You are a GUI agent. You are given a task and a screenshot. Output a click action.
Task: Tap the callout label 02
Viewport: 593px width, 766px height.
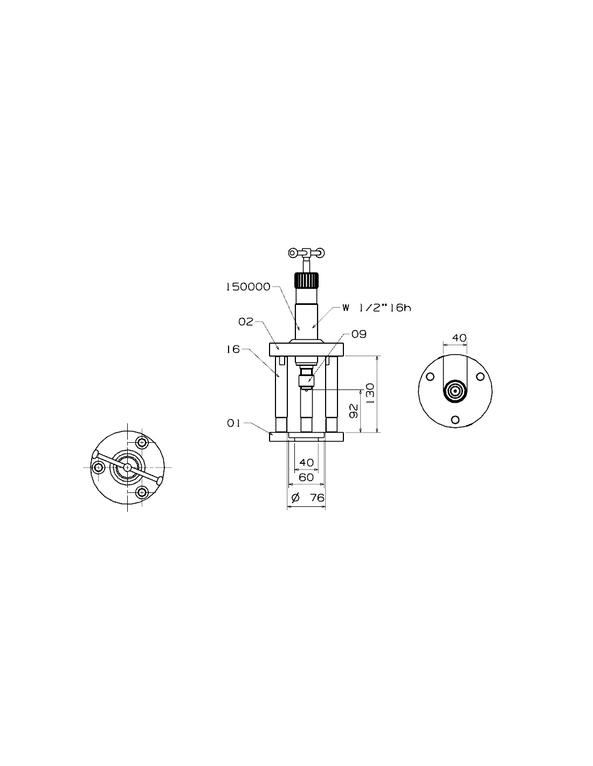pyautogui.click(x=246, y=322)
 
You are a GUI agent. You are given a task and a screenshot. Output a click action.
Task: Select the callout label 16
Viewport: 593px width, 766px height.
pyautogui.click(x=233, y=350)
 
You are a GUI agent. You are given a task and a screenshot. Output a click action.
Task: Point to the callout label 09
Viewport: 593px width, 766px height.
pyautogui.click(x=359, y=334)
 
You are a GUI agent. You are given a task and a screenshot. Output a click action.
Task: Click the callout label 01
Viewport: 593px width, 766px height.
pyautogui.click(x=233, y=423)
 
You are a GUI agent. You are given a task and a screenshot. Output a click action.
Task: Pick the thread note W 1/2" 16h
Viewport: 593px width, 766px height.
pyautogui.click(x=377, y=308)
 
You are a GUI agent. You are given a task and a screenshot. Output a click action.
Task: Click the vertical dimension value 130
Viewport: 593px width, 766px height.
pyautogui.click(x=370, y=394)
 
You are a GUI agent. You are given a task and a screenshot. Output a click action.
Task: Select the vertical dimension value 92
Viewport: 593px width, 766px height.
pyautogui.click(x=354, y=411)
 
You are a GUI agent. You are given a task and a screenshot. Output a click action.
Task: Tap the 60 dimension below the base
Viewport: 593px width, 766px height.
pyautogui.click(x=306, y=477)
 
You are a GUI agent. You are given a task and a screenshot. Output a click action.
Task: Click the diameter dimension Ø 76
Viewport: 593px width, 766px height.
pyautogui.click(x=308, y=498)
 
